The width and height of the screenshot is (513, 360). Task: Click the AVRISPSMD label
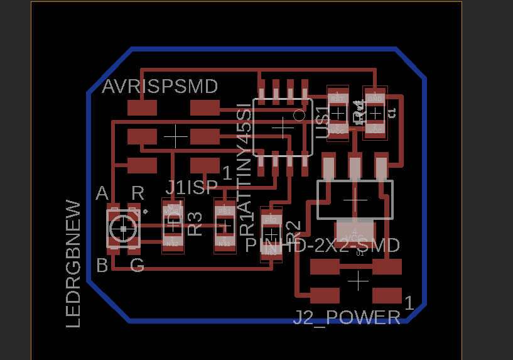click(160, 86)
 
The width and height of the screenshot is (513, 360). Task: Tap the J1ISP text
click(192, 187)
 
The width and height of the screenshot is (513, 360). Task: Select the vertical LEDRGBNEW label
click(73, 264)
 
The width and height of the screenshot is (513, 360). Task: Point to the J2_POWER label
click(347, 318)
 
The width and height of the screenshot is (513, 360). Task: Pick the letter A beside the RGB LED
click(102, 194)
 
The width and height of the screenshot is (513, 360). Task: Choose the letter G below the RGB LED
click(137, 266)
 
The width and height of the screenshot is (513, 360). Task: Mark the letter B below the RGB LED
click(102, 266)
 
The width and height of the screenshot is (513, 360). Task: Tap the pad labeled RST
click(338, 98)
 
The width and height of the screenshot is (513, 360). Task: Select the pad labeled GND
click(375, 98)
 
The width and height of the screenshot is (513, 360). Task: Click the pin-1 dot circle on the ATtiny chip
click(299, 115)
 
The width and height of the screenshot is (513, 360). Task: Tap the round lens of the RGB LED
click(123, 227)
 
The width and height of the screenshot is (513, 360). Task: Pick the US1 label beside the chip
click(323, 123)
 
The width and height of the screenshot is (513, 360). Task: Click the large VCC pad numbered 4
click(355, 231)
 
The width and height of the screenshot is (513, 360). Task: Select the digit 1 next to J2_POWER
click(409, 303)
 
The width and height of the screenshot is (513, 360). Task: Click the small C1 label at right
click(391, 113)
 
